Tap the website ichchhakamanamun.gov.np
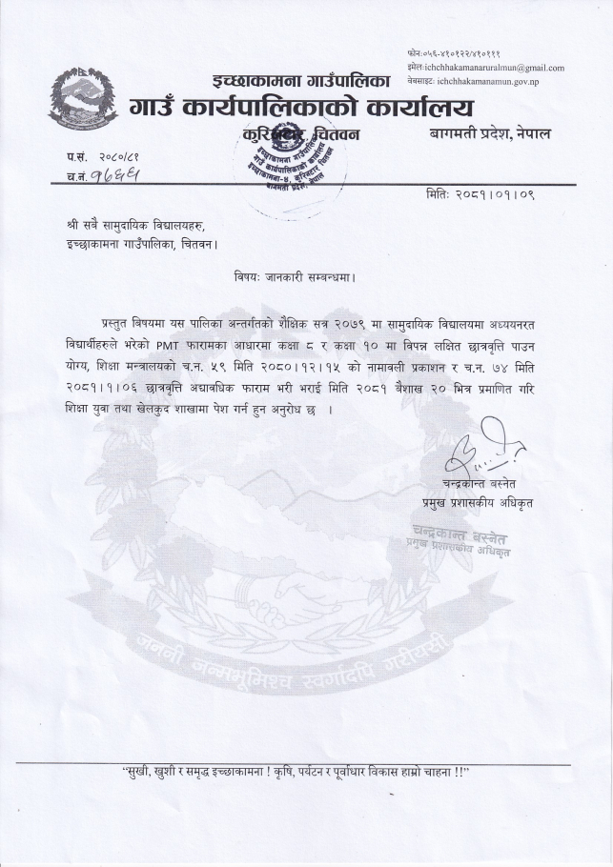pos(498,83)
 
